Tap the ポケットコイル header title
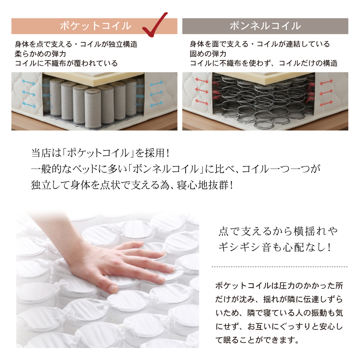tap(96, 26)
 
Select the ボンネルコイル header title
tap(265, 26)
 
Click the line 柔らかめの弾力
tap(40, 54)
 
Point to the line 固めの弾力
tap(208, 54)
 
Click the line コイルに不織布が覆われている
tap(66, 63)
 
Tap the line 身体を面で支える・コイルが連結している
tap(260, 44)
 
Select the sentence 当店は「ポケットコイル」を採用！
tap(100, 153)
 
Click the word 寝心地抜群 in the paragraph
tap(203, 185)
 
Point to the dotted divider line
tap(280, 267)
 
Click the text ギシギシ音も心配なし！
tap(275, 248)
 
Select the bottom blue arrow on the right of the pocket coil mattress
tap(156, 104)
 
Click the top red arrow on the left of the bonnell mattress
tap(202, 80)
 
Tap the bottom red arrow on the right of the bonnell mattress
tap(326, 104)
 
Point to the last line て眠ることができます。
tap(257, 340)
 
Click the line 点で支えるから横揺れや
tap(278, 231)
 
